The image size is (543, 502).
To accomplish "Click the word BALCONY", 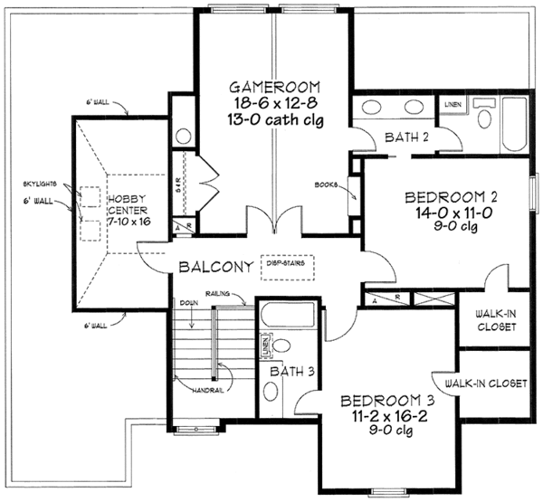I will (216, 268).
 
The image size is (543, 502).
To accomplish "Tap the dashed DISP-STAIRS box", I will (286, 265).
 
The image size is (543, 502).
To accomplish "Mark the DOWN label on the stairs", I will (188, 303).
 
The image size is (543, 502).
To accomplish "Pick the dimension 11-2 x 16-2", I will (381, 417).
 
